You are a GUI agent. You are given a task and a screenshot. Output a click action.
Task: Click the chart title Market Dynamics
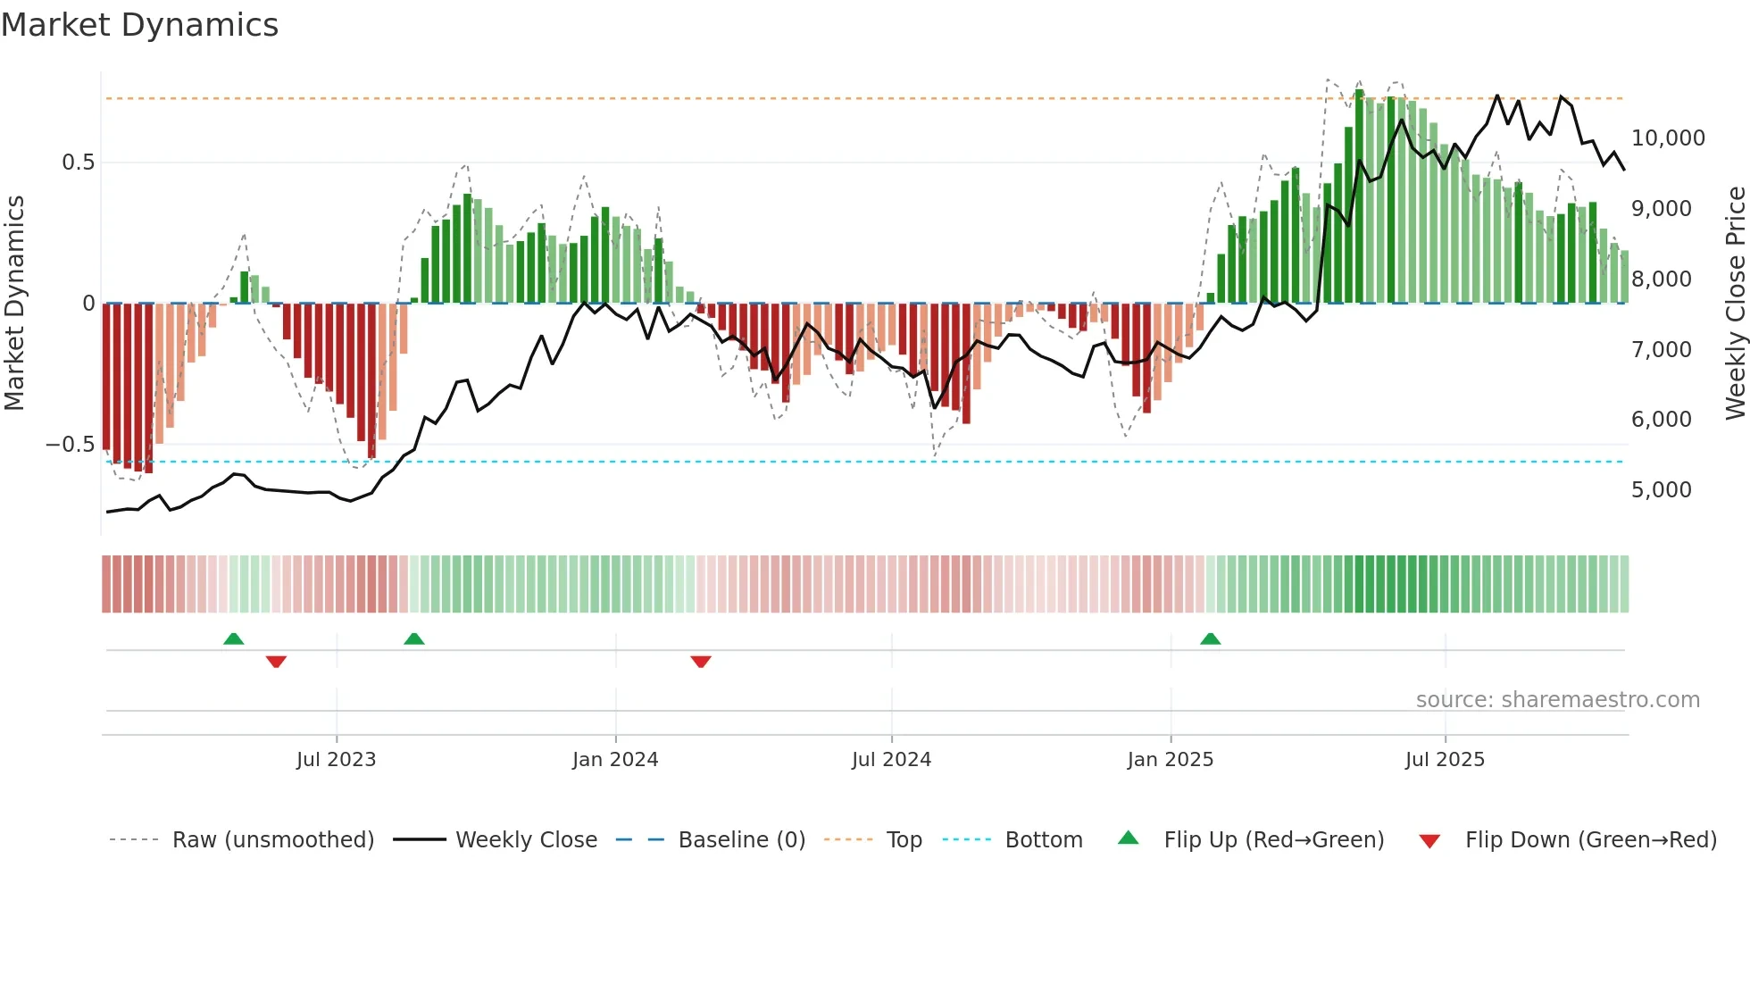[x=140, y=25]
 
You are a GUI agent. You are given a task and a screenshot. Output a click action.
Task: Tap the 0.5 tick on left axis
[x=78, y=163]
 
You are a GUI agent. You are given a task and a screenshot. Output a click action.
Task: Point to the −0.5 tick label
[x=70, y=445]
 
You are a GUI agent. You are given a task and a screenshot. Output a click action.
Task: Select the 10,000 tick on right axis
[x=1668, y=138]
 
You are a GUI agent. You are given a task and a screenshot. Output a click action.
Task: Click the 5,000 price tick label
[x=1661, y=490]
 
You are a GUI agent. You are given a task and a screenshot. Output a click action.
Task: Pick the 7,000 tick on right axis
[x=1661, y=350]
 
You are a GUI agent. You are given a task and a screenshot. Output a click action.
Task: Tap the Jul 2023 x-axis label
[x=336, y=760]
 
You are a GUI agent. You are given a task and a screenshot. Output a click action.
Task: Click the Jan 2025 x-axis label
[x=1170, y=760]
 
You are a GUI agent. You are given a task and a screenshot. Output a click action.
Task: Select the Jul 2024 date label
[x=891, y=760]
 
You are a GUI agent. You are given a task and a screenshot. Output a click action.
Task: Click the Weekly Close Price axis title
[x=1735, y=304]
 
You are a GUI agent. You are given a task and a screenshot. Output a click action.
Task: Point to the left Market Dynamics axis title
[x=14, y=304]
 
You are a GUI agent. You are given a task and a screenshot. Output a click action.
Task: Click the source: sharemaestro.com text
[x=1557, y=700]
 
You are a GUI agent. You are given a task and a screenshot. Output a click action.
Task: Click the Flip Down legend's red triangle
[x=1429, y=841]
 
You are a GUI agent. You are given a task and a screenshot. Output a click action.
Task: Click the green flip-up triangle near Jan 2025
[x=1210, y=639]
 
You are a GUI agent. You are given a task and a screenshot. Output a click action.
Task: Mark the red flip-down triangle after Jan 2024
[x=701, y=662]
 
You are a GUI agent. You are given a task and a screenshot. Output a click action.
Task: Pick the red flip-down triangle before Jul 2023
[x=276, y=662]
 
